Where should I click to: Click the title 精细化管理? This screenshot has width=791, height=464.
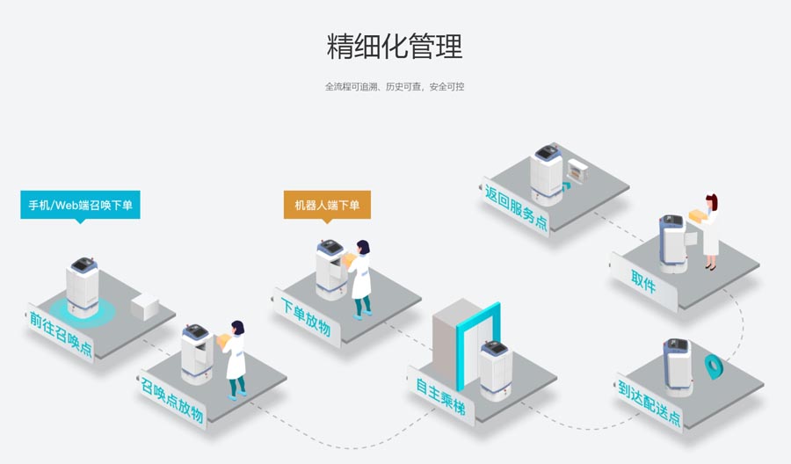click(395, 46)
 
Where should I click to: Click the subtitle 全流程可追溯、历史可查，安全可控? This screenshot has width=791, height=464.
click(395, 87)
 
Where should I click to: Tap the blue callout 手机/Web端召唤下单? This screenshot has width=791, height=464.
click(80, 205)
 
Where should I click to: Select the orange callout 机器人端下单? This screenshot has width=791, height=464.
click(327, 206)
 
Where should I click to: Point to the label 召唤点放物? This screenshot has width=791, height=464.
click(171, 400)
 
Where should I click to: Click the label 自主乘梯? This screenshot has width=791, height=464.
click(446, 397)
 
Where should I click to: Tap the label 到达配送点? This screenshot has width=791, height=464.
click(649, 402)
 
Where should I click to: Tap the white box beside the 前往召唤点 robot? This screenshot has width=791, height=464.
click(145, 307)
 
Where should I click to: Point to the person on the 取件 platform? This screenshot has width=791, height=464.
click(708, 232)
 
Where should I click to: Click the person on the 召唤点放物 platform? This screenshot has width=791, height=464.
click(235, 359)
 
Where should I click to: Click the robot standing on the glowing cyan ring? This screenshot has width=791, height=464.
click(83, 284)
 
